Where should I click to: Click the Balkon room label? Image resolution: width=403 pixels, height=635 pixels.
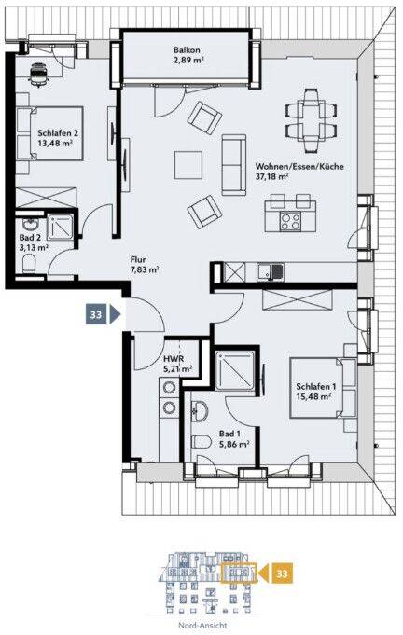click(x=187, y=50)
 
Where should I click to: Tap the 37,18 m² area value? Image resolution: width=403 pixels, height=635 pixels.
click(x=271, y=176)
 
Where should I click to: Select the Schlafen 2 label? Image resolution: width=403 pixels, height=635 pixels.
click(x=58, y=132)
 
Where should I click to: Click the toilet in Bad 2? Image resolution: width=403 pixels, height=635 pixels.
click(x=29, y=263)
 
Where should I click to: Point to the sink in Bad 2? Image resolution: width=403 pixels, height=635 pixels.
click(x=29, y=225)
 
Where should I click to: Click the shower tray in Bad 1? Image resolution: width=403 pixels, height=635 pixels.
click(x=235, y=370)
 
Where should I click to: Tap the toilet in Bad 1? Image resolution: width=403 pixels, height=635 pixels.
click(x=201, y=441)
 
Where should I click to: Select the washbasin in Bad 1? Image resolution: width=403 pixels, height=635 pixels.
click(x=200, y=410)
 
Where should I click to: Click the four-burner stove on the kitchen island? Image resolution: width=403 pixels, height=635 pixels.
click(x=290, y=222)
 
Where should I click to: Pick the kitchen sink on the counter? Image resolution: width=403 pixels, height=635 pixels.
click(x=271, y=271)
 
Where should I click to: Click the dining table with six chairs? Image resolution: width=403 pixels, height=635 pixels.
click(x=311, y=120)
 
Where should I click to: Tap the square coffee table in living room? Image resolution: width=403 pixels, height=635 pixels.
click(x=188, y=165)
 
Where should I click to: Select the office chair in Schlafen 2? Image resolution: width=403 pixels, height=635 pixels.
click(x=39, y=74)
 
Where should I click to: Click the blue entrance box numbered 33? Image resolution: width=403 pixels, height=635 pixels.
click(x=96, y=314)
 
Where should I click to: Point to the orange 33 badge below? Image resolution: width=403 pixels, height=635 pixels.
click(x=282, y=573)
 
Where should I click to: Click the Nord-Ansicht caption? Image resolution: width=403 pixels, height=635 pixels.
click(x=202, y=626)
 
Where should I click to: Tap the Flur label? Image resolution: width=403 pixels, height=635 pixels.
click(x=138, y=259)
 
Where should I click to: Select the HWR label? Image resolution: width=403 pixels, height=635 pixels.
click(x=174, y=359)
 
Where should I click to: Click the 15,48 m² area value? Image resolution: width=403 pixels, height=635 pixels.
click(x=313, y=397)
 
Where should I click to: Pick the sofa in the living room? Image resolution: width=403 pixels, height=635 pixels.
click(x=234, y=165)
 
